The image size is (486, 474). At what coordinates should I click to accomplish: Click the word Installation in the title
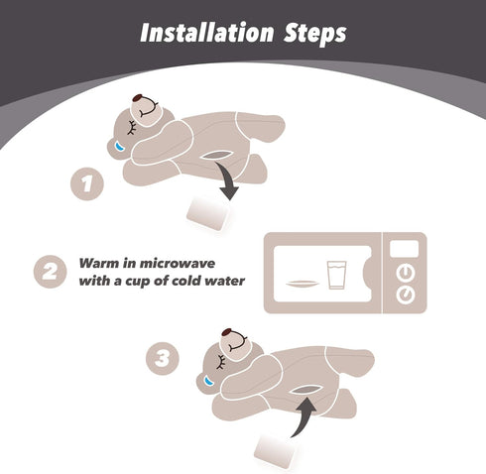(x=207, y=33)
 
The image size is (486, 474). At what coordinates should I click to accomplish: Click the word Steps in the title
(x=315, y=34)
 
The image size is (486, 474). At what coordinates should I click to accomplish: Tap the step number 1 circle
(x=87, y=183)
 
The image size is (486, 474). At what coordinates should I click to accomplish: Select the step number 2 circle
(x=51, y=272)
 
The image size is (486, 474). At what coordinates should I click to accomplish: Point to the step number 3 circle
(x=163, y=359)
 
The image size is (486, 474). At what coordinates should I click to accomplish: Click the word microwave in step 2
(x=178, y=264)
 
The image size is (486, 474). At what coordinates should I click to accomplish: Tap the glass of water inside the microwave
(x=337, y=275)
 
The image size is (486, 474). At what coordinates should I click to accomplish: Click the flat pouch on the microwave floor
(x=303, y=284)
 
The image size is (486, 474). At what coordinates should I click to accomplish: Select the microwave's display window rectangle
(x=404, y=249)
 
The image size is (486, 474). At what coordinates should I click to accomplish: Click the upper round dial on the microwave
(x=406, y=273)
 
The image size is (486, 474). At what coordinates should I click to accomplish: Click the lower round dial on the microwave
(x=406, y=295)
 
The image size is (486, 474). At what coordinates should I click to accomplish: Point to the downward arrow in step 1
(x=227, y=180)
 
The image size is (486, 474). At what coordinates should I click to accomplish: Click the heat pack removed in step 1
(x=207, y=214)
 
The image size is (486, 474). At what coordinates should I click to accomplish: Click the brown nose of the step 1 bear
(x=138, y=97)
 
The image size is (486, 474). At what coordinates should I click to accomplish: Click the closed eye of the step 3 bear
(x=220, y=362)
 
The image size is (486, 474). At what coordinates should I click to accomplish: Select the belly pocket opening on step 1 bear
(x=215, y=155)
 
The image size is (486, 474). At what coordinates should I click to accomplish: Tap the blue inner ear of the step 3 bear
(x=208, y=381)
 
